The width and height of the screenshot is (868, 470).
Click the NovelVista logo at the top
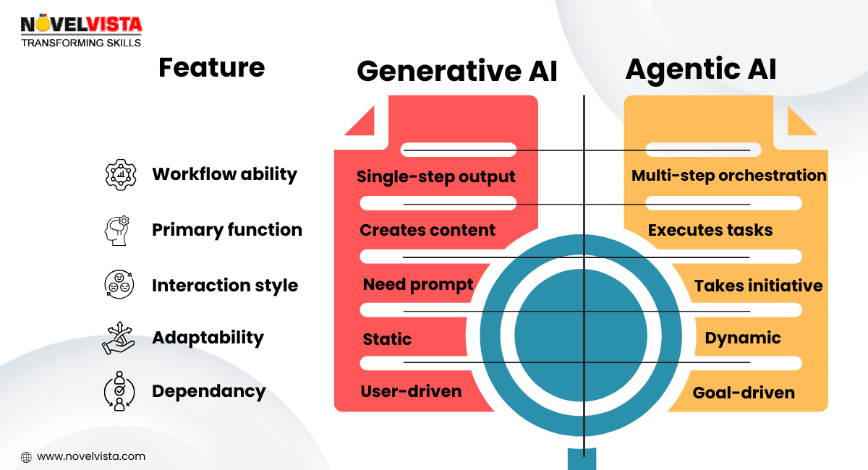tap(81, 29)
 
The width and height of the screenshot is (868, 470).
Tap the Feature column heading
tap(211, 67)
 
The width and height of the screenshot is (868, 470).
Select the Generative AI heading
tap(457, 71)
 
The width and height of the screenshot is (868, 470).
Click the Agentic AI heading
tap(700, 69)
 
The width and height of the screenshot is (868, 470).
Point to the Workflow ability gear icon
tap(120, 175)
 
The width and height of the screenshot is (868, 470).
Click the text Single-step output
tap(436, 176)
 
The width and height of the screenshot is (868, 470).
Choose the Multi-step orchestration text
tap(728, 176)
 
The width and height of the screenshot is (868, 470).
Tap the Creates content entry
tap(427, 230)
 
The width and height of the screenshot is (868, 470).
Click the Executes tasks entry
tap(710, 230)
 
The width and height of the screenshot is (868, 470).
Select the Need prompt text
tap(418, 285)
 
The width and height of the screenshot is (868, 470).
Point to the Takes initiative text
tap(758, 286)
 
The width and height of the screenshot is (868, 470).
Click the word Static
tap(387, 339)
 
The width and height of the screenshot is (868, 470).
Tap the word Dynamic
tap(743, 338)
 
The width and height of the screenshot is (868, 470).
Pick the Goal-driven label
tap(744, 393)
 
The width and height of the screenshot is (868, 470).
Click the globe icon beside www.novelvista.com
tap(26, 457)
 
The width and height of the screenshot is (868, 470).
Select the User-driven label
tap(411, 391)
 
